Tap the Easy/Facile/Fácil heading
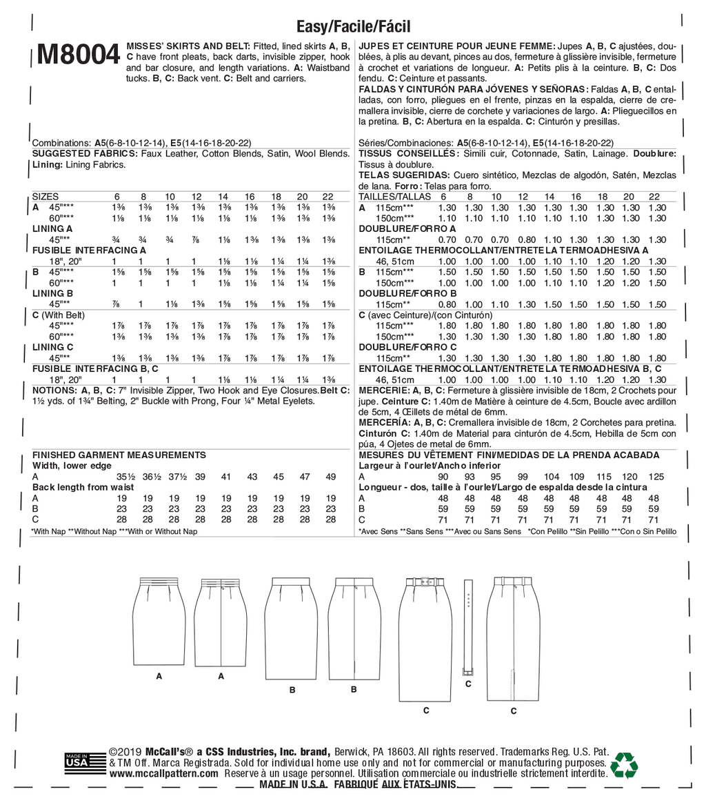point(354,27)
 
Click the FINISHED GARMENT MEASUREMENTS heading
point(119,455)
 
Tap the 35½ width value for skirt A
point(125,477)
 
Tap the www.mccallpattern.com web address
point(163,775)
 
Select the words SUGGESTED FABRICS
point(85,153)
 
